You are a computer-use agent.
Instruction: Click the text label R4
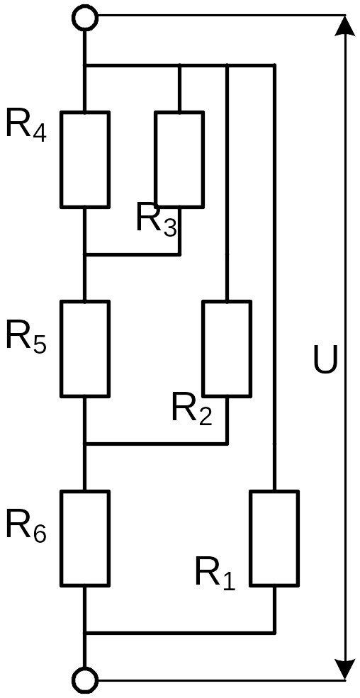(26, 127)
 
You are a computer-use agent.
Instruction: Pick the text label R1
(215, 576)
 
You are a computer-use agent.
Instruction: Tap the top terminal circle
(84, 18)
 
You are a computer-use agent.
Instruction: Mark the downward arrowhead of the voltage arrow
(345, 670)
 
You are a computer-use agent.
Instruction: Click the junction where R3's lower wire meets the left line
(84, 254)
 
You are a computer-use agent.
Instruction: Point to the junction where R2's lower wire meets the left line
(84, 444)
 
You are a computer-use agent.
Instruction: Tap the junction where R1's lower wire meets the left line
(84, 633)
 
